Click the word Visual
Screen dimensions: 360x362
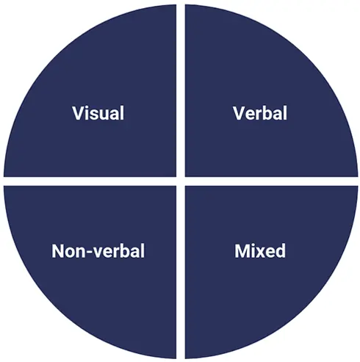[98, 113]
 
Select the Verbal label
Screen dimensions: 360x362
[260, 113]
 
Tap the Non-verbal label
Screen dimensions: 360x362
[98, 251]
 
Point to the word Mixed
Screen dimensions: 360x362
[260, 251]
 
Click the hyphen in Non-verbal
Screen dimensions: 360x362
[88, 253]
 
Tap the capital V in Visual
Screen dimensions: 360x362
[79, 113]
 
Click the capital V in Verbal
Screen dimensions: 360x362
[239, 113]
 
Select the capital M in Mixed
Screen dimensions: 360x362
[242, 251]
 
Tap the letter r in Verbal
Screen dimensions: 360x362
[260, 115]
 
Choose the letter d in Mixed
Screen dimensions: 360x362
[280, 251]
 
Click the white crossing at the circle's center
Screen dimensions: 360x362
[181, 181]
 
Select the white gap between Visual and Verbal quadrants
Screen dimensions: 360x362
[181, 90]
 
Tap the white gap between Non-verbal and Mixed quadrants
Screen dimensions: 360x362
[181, 272]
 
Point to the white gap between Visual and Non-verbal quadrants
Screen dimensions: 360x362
[90, 181]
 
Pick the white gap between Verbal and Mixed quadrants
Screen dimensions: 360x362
[271, 181]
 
